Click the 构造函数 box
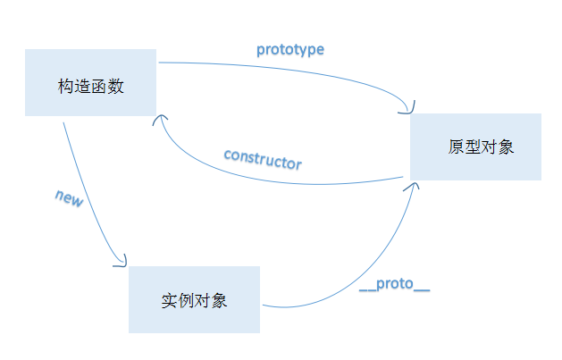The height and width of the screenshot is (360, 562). (x=90, y=81)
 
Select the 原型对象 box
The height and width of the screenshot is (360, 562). (x=475, y=147)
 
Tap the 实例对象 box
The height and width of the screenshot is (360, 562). (x=194, y=299)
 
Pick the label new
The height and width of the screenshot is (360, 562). (x=69, y=198)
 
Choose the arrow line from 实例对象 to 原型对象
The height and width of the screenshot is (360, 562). (x=357, y=277)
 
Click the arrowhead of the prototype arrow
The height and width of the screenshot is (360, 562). (x=409, y=109)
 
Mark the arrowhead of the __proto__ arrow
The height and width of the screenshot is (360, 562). (x=415, y=185)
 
